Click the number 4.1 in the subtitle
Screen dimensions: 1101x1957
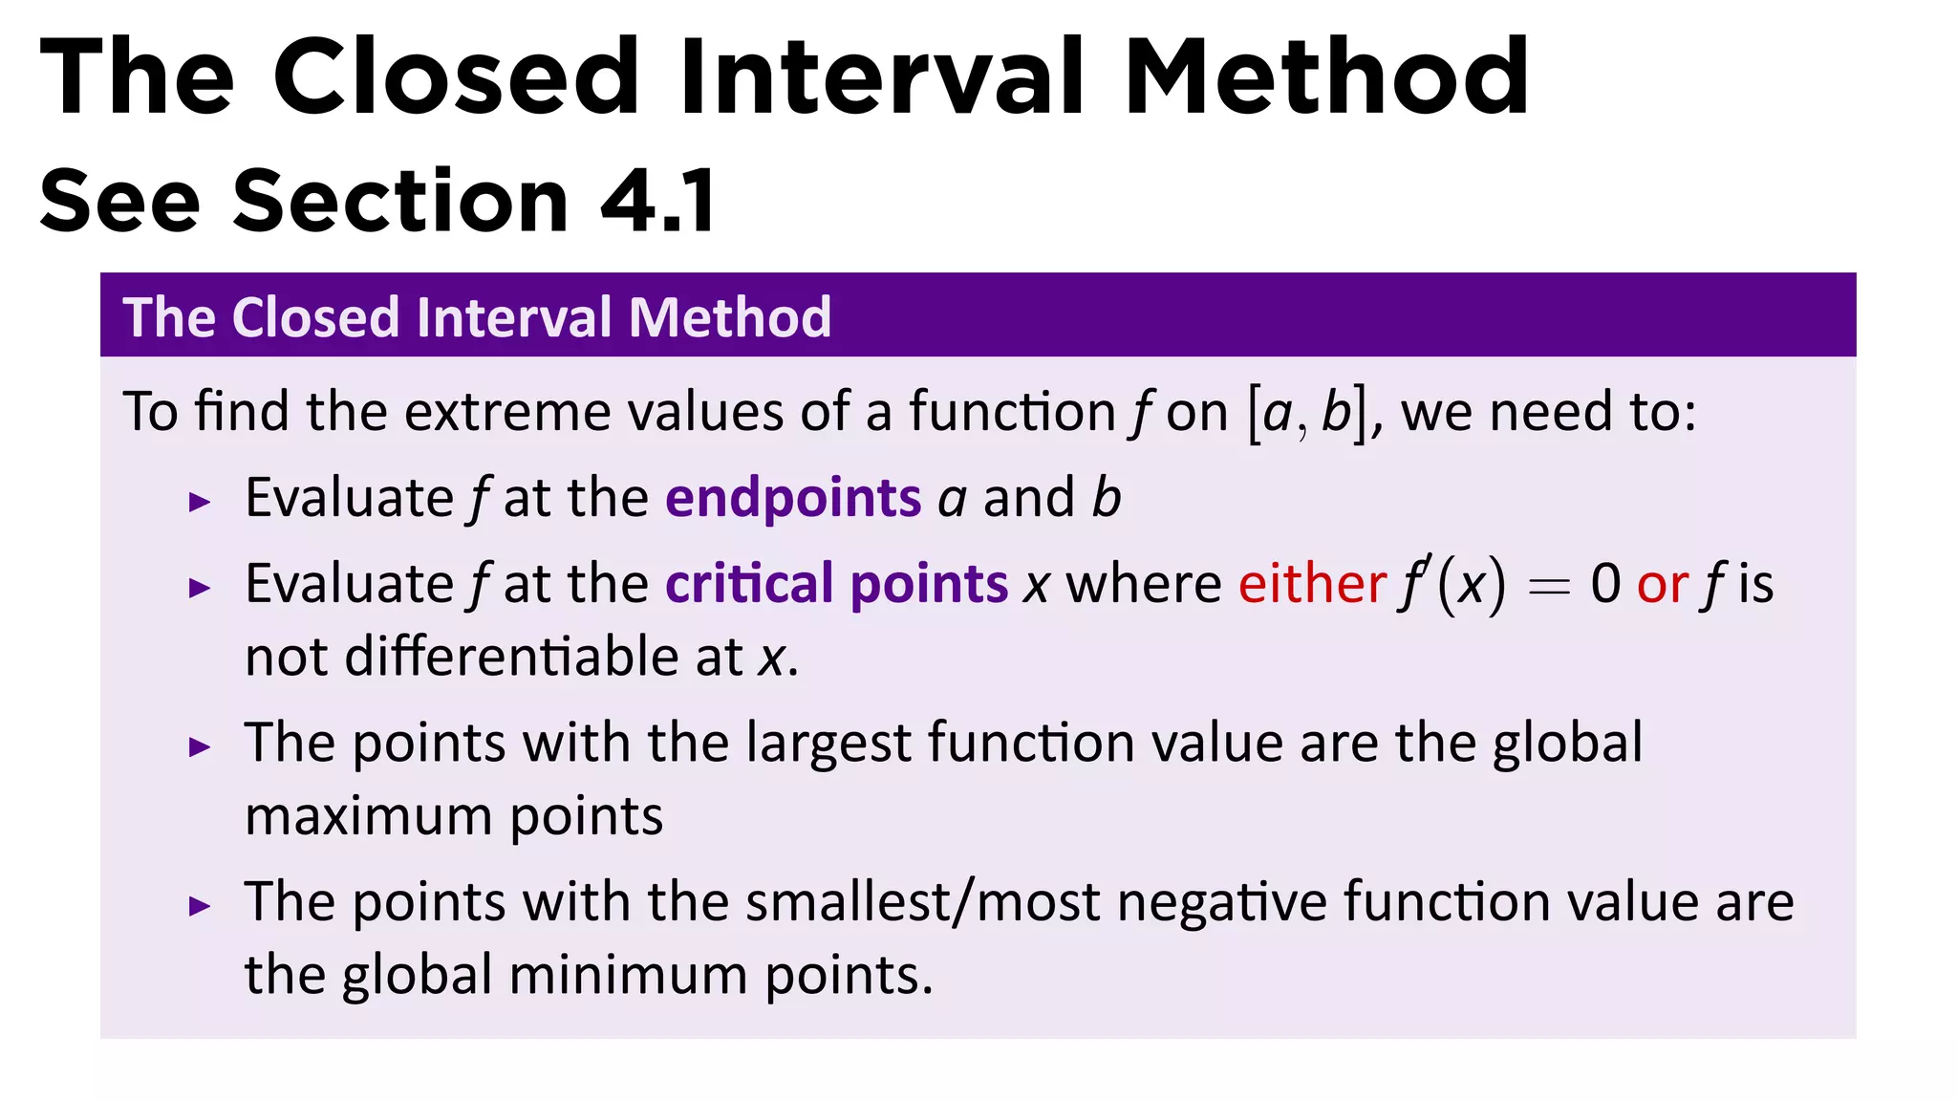(x=658, y=201)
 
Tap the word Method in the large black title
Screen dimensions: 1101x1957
(x=1326, y=76)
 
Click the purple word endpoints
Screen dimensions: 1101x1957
(x=793, y=499)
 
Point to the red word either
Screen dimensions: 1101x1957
(x=1312, y=584)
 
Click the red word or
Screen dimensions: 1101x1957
(x=1662, y=584)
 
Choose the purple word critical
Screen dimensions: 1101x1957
(x=749, y=584)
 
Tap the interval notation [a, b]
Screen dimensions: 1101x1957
(x=1306, y=413)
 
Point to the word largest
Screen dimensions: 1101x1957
(x=828, y=744)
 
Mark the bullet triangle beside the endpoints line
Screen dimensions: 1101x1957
(x=200, y=502)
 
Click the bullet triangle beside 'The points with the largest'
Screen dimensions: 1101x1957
(x=200, y=747)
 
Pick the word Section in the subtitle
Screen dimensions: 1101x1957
(x=400, y=201)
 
